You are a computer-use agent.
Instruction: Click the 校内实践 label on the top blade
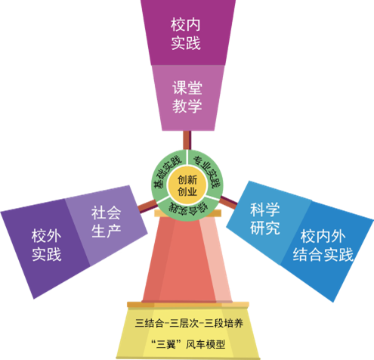(186, 34)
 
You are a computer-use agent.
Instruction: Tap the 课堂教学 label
(187, 97)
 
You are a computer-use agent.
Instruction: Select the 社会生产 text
(106, 222)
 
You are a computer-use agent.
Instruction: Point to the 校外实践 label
(47, 245)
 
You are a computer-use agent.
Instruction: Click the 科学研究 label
(265, 219)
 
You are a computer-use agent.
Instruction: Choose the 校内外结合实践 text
(323, 245)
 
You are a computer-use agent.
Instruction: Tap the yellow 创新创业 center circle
(187, 185)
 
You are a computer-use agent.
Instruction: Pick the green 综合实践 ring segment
(187, 209)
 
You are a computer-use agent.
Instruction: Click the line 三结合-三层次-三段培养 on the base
(189, 323)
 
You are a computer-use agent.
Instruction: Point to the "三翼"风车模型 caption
(187, 344)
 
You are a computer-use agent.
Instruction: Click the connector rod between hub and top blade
(187, 140)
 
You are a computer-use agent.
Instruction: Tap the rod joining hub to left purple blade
(147, 206)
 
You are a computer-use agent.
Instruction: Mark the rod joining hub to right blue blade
(228, 203)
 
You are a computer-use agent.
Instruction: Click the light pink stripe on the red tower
(216, 259)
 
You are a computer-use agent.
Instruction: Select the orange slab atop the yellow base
(188, 305)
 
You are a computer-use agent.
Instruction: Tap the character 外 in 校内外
(338, 237)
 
